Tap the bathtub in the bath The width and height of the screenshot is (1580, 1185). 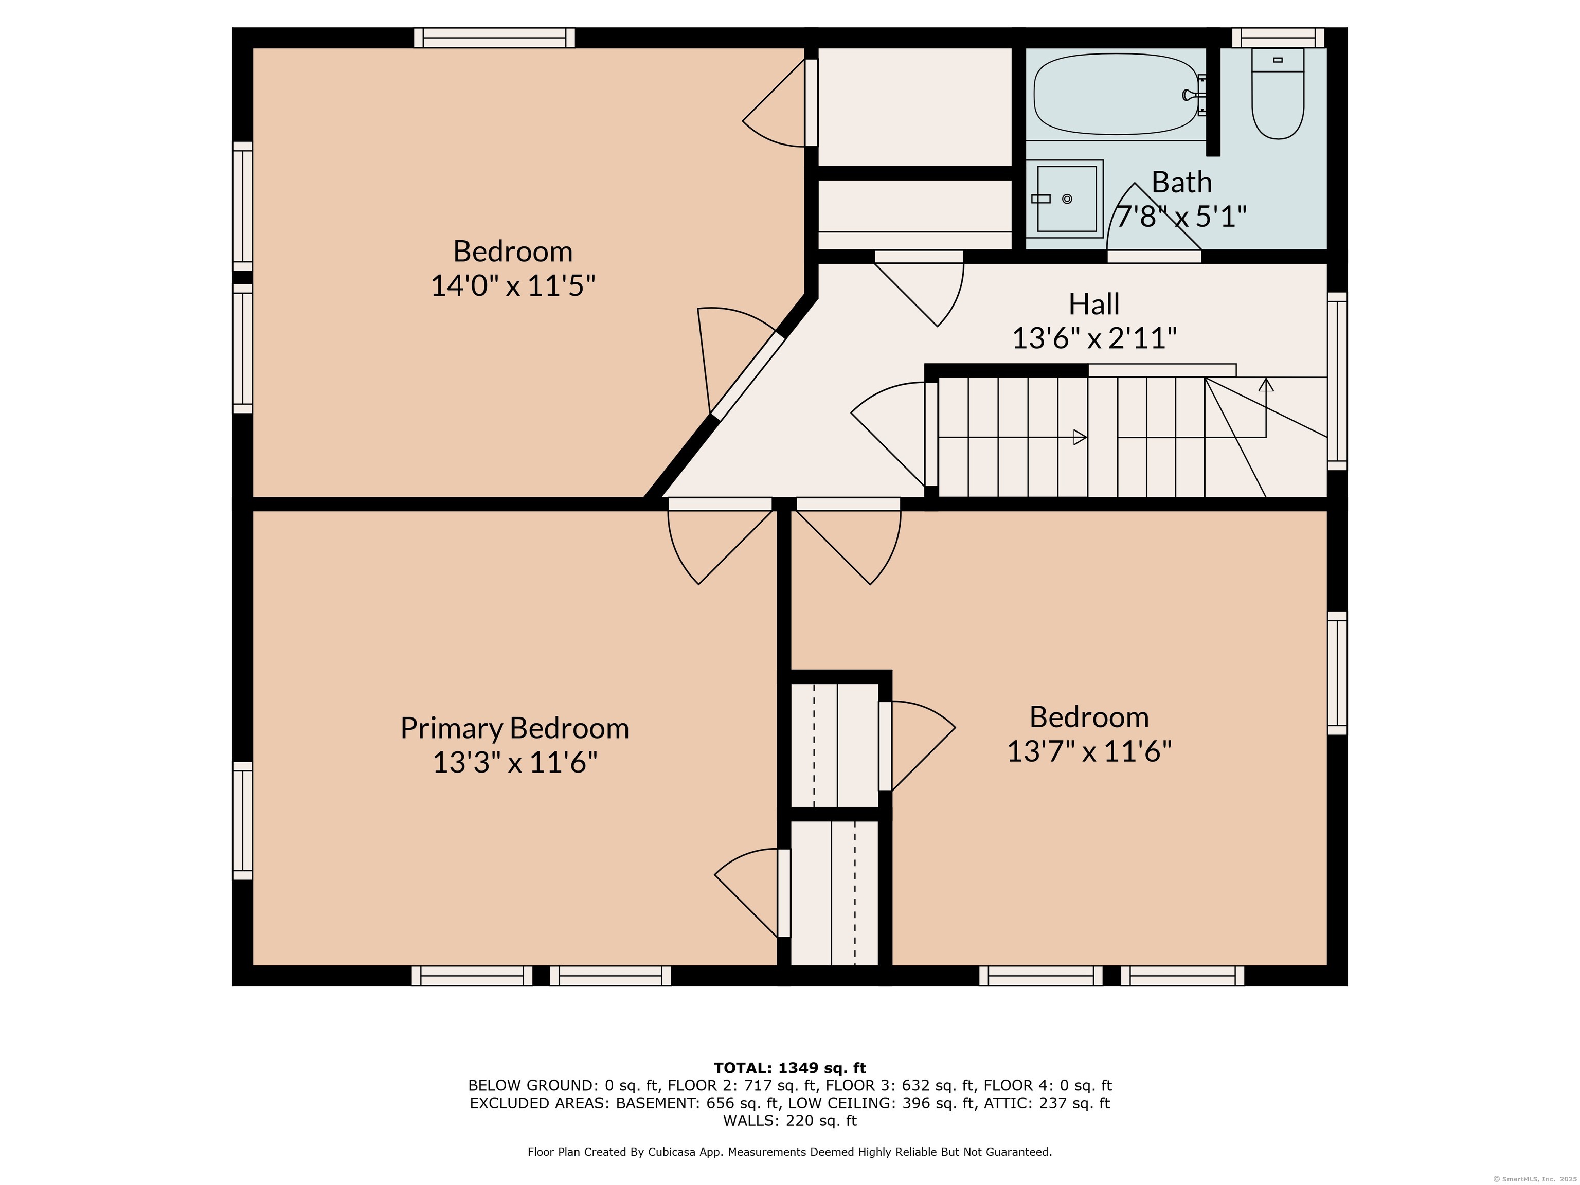point(1116,94)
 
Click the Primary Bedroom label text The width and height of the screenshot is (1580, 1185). point(514,728)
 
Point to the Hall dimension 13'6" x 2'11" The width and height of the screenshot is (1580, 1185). point(1093,338)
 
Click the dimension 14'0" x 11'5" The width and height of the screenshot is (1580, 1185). point(512,286)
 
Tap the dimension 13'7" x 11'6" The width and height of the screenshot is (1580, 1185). point(1089,751)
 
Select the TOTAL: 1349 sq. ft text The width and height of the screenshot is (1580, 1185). point(789,1068)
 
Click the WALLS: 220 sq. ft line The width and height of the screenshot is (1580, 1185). point(789,1120)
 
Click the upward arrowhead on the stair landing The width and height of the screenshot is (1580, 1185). point(1266,385)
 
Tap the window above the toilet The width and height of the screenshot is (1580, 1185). point(1278,37)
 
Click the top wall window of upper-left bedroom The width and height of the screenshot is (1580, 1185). point(494,37)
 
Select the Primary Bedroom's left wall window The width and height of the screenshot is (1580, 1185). point(243,820)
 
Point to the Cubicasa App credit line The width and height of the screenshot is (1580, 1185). point(789,1152)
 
